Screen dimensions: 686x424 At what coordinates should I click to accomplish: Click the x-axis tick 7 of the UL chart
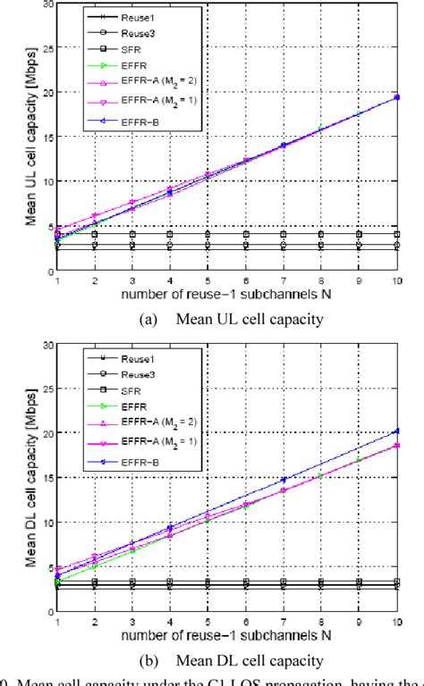point(282,280)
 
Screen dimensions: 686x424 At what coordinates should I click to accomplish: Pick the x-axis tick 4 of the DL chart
point(170,622)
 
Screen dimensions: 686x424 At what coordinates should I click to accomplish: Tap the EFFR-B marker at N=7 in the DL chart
point(282,481)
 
